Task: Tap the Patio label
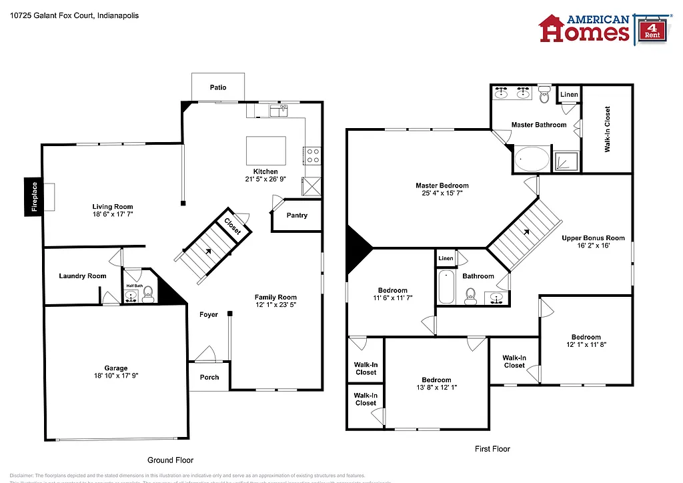218,87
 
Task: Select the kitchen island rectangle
266,151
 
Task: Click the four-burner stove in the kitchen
312,155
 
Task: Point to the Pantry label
297,215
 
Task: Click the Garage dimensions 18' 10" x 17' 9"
115,376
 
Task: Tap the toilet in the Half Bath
148,292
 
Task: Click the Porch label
209,377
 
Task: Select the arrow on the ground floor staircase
209,252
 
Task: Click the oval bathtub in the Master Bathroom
532,160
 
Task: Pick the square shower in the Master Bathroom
567,161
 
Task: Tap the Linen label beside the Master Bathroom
569,95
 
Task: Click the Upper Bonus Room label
593,238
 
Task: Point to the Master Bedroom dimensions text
442,193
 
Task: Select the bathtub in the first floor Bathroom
446,286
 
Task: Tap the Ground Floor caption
170,460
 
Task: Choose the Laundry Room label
83,276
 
